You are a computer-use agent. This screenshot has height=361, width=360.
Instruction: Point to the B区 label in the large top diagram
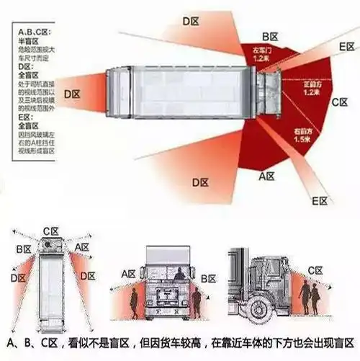point(270,35)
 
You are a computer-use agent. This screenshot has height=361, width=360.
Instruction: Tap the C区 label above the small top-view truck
point(50,231)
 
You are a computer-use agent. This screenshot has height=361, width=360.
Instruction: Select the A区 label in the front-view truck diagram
point(129,274)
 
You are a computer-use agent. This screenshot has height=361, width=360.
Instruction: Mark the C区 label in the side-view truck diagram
point(315,270)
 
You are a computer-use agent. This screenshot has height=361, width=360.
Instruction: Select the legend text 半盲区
point(26,40)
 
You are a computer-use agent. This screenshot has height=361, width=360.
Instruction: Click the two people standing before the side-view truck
point(310,298)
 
